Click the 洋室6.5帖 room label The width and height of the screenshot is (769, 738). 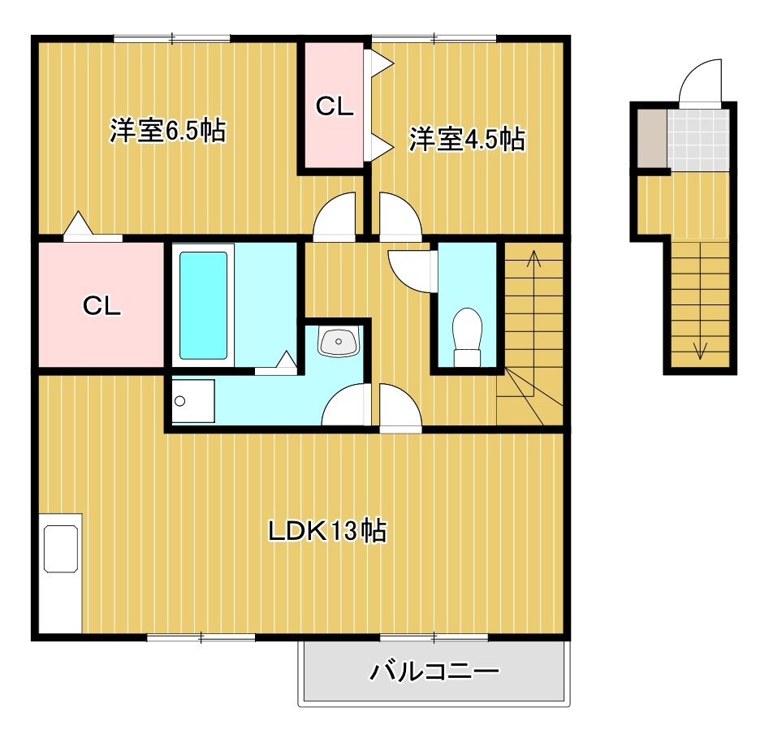tap(167, 131)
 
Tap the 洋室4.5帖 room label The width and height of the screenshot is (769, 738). tap(466, 139)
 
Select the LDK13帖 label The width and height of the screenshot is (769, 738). tap(327, 531)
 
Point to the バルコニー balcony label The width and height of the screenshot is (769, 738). tap(434, 671)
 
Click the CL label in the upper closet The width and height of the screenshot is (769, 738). tap(335, 107)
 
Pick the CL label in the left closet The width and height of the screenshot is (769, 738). tap(102, 305)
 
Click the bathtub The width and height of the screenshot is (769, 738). tap(203, 304)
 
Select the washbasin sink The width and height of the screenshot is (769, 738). tap(338, 343)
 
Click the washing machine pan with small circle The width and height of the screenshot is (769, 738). tap(192, 400)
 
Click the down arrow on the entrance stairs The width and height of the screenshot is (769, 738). tap(699, 349)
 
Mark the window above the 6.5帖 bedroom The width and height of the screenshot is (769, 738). tap(171, 37)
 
